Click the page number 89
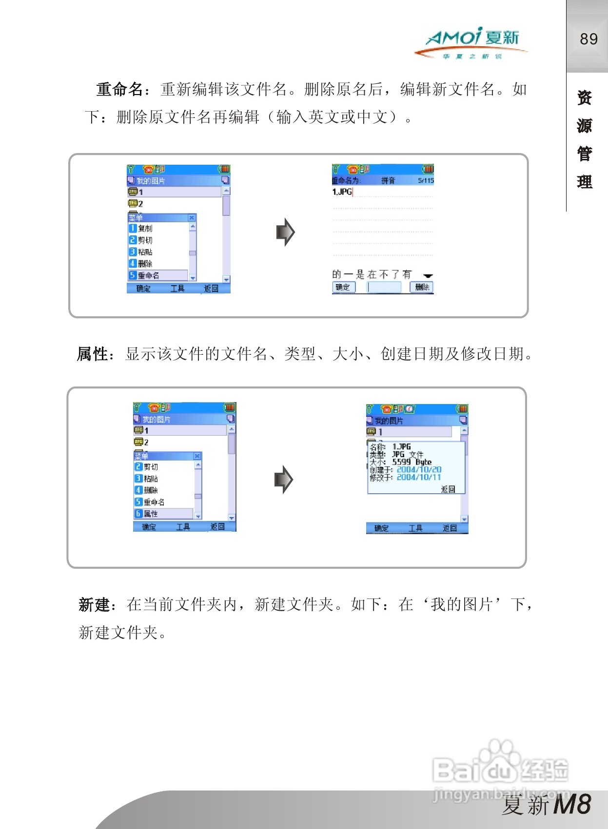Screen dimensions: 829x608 point(588,39)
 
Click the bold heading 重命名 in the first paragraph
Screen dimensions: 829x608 point(119,90)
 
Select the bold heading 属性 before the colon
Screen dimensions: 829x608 point(92,354)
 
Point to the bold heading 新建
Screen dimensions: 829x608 point(95,605)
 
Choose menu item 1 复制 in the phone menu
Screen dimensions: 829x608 point(145,228)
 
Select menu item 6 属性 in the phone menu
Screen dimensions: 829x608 point(151,514)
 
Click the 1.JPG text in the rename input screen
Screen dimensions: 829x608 point(342,192)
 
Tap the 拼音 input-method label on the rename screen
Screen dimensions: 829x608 point(388,181)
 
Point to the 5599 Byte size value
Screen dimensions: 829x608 point(412,462)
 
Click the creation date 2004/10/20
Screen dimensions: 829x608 point(419,470)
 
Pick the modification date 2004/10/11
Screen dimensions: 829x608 point(419,478)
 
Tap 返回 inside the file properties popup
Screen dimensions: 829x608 point(448,489)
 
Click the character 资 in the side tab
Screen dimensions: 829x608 point(585,98)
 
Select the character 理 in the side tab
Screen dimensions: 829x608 point(585,182)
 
